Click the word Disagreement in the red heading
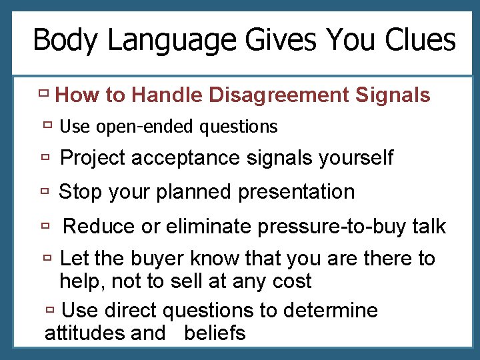(x=278, y=96)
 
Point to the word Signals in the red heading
(x=393, y=95)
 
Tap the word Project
(x=93, y=159)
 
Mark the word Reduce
(x=99, y=227)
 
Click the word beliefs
(x=215, y=333)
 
